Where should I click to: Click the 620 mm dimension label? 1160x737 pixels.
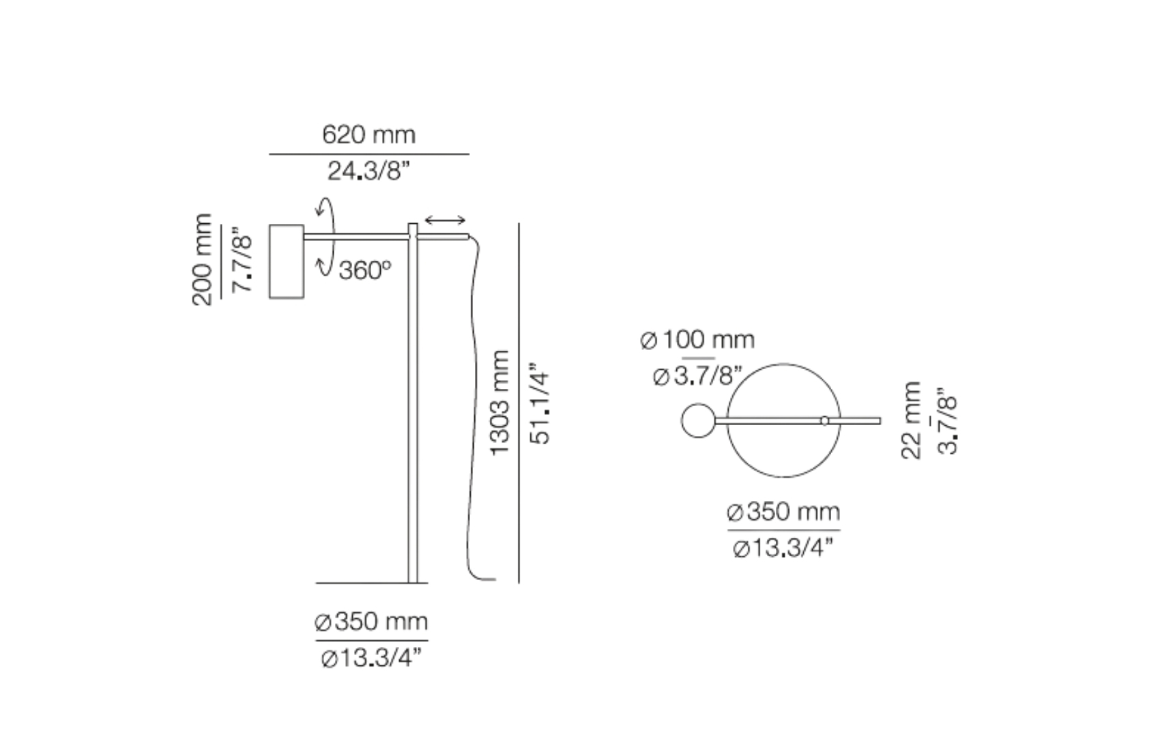(368, 134)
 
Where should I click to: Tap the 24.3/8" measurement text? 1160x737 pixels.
(368, 171)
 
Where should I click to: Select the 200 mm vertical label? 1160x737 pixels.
(202, 259)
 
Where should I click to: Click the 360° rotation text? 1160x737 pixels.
(365, 270)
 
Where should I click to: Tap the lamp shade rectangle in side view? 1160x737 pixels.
(287, 261)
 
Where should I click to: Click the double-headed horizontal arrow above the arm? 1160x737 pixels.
(445, 220)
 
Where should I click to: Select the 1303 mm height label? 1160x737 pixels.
(499, 403)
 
